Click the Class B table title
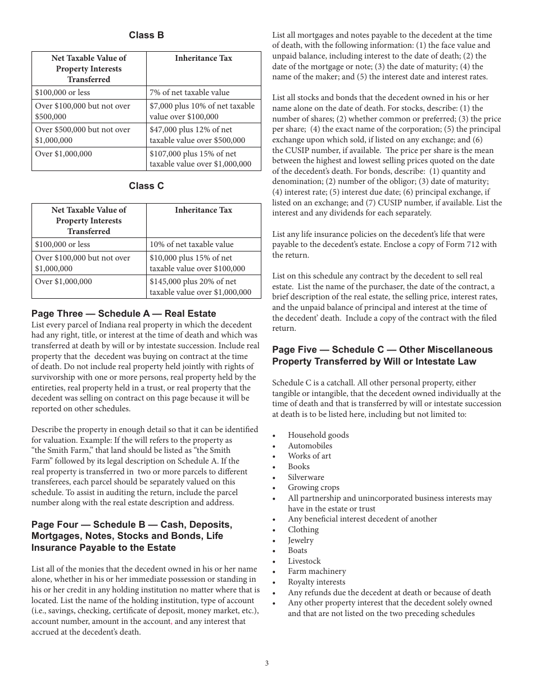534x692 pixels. tap(146, 35)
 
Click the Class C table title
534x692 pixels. tap(146, 186)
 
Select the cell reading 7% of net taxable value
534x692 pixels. tap(189, 92)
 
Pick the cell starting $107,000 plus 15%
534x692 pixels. tap(201, 159)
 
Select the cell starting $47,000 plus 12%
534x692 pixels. tap(197, 134)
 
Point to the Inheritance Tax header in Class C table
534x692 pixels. tap(203, 210)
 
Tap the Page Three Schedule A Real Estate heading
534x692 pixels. tap(124, 313)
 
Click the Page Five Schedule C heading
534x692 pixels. tap(382, 355)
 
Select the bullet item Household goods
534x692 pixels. tap(318, 435)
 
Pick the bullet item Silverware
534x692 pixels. tap(306, 477)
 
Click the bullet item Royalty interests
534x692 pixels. tap(316, 582)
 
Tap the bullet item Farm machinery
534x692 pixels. tap(317, 571)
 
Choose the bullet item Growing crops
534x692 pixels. tap(314, 488)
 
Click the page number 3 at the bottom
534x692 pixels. tap(267, 663)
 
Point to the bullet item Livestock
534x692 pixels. tap(304, 561)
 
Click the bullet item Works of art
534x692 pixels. tap(309, 456)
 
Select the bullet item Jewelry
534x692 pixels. tap(301, 540)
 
